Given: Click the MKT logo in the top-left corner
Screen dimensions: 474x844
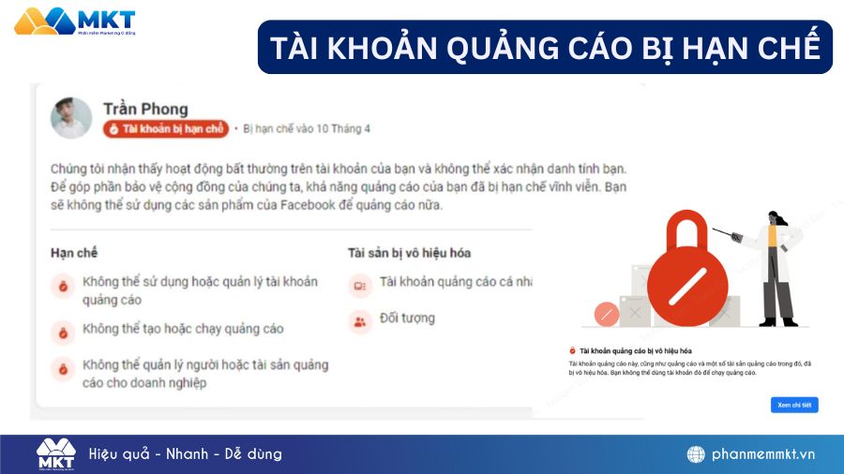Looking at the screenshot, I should pyautogui.click(x=75, y=22).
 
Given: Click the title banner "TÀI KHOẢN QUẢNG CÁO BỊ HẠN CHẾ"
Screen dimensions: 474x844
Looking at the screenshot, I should pyautogui.click(x=545, y=47).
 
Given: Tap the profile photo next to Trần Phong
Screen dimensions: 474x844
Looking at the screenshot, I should pyautogui.click(x=71, y=118).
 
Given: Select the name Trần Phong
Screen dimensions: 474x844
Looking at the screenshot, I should pyautogui.click(x=145, y=110).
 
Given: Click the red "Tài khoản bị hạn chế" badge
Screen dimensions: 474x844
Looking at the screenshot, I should pyautogui.click(x=166, y=129).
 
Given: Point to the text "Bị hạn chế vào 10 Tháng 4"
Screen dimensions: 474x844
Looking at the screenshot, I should pyautogui.click(x=306, y=129).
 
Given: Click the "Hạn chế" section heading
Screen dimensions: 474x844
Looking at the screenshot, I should pyautogui.click(x=74, y=252).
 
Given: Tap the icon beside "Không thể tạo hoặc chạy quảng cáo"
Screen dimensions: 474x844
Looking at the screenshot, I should pyautogui.click(x=63, y=332).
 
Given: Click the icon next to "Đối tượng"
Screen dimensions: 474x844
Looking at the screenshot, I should pyautogui.click(x=359, y=321).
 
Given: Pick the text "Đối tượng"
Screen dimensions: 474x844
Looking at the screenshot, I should pyautogui.click(x=407, y=318).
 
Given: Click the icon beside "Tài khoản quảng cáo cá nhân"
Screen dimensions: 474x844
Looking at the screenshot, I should pyautogui.click(x=359, y=283).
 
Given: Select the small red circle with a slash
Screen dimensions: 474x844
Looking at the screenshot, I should pyautogui.click(x=606, y=315).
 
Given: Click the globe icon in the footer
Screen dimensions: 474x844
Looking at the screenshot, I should pyautogui.click(x=696, y=454).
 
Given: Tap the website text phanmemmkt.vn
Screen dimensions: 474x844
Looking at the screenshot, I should pyautogui.click(x=763, y=454).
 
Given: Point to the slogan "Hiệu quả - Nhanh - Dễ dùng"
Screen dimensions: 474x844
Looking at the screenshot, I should pyautogui.click(x=186, y=454).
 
